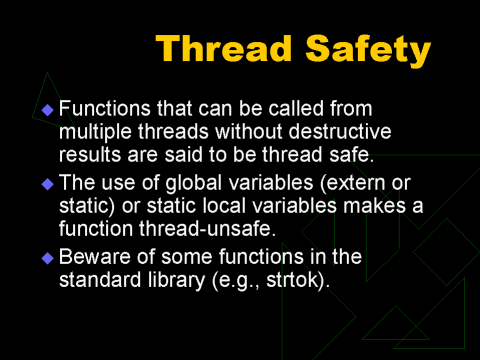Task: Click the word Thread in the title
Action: pyautogui.click(x=224, y=49)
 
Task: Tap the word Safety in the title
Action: pyautogui.click(x=368, y=51)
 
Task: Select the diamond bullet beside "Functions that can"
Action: pyautogui.click(x=48, y=110)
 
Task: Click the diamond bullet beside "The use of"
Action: pyautogui.click(x=48, y=184)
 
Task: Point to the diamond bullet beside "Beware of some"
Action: pyautogui.click(x=48, y=258)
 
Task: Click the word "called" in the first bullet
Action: pyautogui.click(x=296, y=108)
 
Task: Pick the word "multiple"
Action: pyautogui.click(x=95, y=133)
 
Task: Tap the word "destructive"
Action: pyautogui.click(x=340, y=131)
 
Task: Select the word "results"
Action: pyautogui.click(x=90, y=155)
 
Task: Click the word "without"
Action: pyautogui.click(x=249, y=131)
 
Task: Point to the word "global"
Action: pyautogui.click(x=194, y=184)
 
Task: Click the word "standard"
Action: pyautogui.click(x=100, y=279)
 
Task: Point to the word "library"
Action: pyautogui.click(x=176, y=281)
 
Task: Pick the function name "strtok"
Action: pyautogui.click(x=294, y=279)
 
